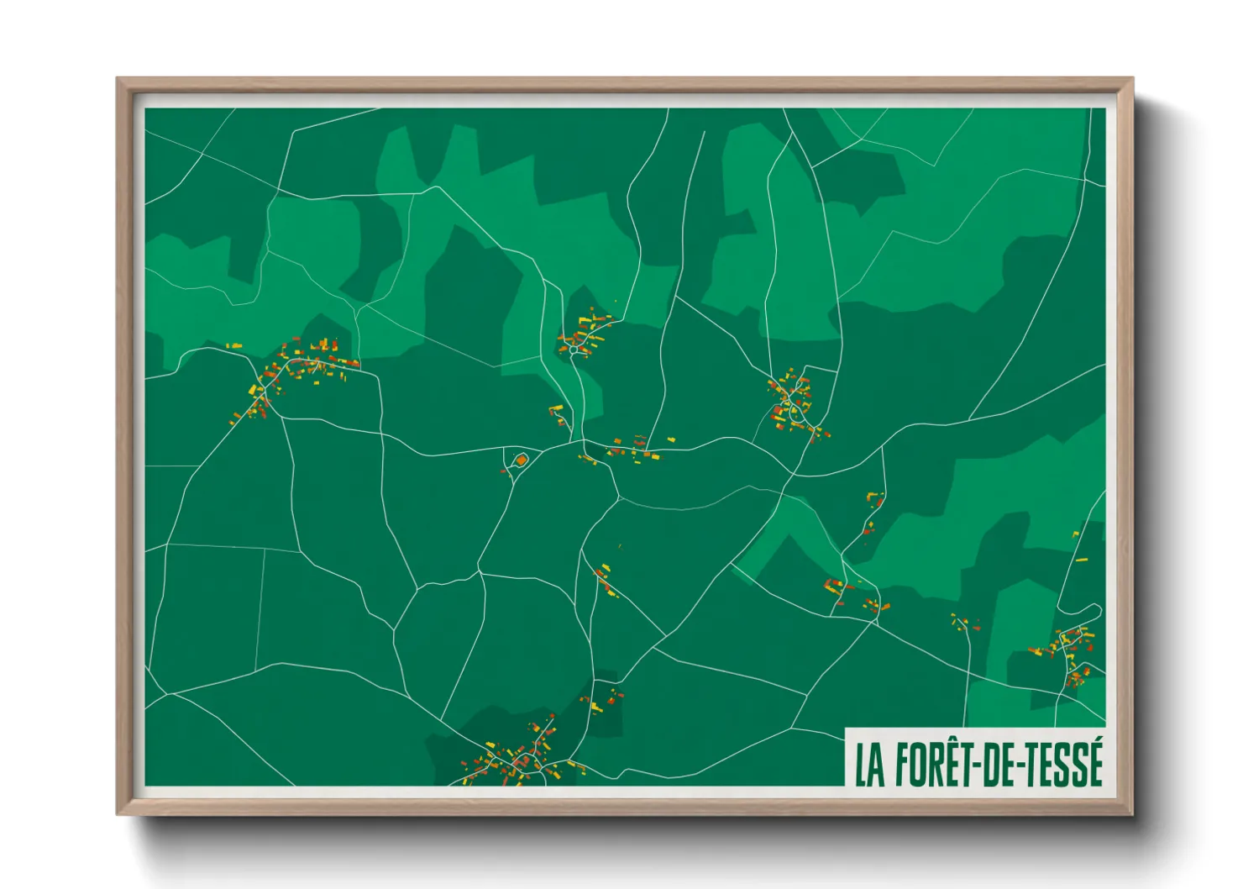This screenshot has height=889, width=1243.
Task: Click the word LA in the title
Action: click(870, 764)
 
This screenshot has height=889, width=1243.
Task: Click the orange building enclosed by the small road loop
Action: click(521, 460)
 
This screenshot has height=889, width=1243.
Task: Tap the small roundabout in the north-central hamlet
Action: click(573, 350)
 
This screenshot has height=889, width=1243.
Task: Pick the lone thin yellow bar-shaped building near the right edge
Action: click(1082, 560)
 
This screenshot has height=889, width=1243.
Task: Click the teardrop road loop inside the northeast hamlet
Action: click(794, 411)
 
